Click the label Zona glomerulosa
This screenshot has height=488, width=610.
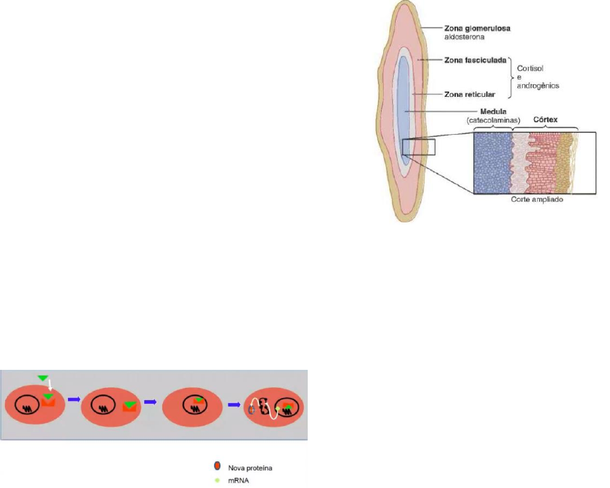coord(483,29)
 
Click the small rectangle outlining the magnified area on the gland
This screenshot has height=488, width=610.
coord(418,147)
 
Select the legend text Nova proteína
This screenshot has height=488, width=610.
coord(250,467)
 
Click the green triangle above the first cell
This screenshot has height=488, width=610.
coord(43,379)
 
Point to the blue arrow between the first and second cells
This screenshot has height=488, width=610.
coord(73,400)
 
